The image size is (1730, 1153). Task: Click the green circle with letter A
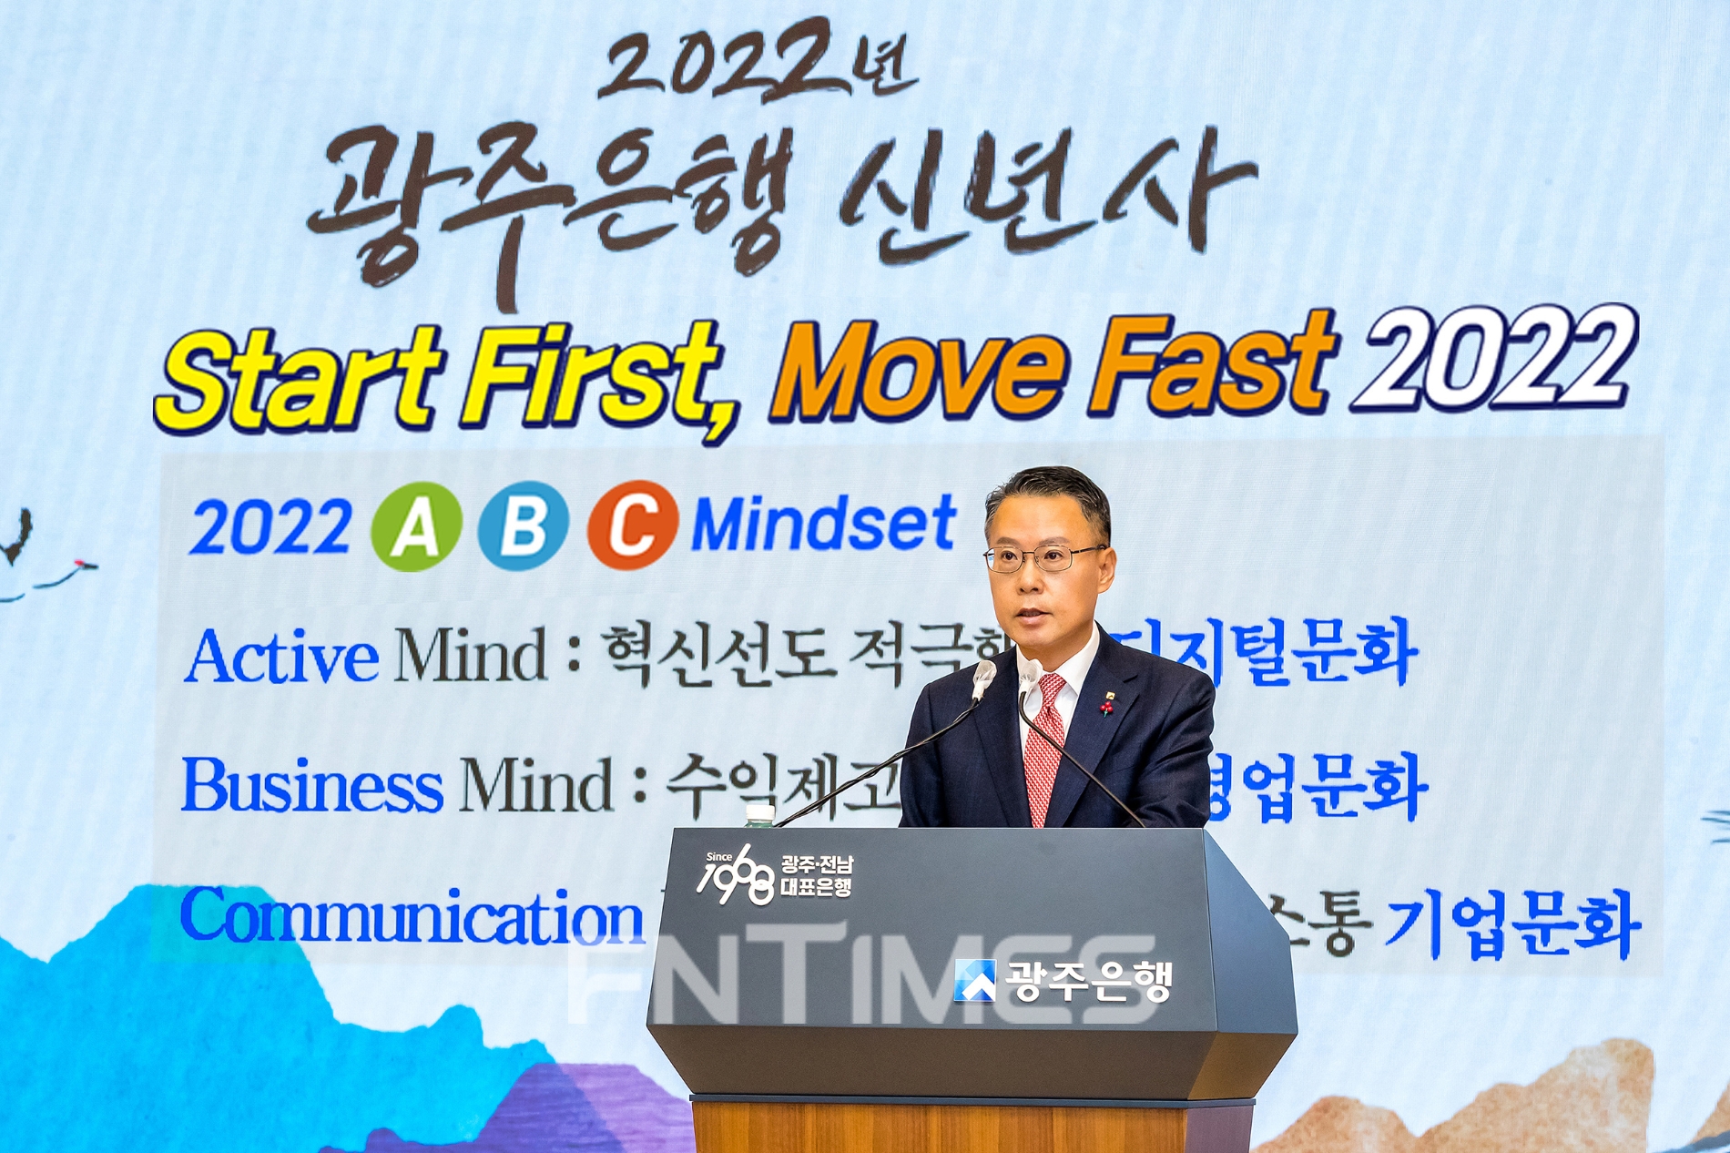click(x=416, y=526)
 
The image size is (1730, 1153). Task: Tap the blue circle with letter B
click(x=524, y=525)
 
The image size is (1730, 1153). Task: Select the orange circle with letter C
click(x=633, y=525)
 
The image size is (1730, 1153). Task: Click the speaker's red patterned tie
click(x=1044, y=747)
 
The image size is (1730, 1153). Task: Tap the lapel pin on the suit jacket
click(x=1108, y=703)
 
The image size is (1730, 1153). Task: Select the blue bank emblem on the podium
click(x=974, y=981)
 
